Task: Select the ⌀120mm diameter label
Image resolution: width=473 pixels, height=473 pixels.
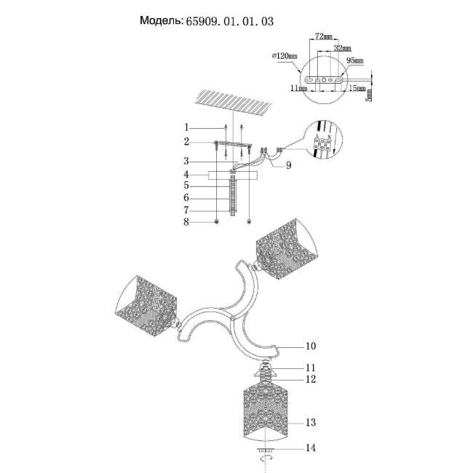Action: pos(282,56)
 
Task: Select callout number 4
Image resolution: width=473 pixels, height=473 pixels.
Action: pos(187,175)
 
